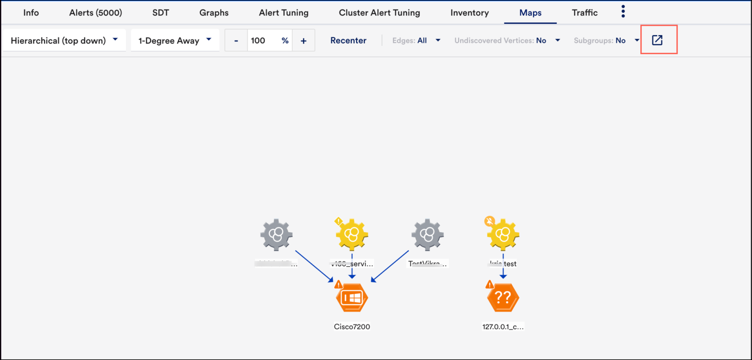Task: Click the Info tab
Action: [x=31, y=13]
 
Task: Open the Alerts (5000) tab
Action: [x=95, y=13]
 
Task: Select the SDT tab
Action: [x=160, y=13]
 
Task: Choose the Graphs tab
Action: [x=214, y=13]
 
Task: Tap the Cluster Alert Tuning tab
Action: [x=379, y=13]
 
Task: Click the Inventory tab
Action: [x=469, y=13]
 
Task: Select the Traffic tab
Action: [x=585, y=13]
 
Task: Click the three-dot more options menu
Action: [x=623, y=12]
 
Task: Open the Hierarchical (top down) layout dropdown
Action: [x=64, y=40]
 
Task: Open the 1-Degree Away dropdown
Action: [x=175, y=40]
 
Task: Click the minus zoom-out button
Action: [x=236, y=41]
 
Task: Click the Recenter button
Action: [x=348, y=40]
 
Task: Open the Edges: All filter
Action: [x=416, y=40]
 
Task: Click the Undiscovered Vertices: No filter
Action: [x=507, y=40]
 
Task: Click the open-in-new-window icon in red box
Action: [x=657, y=40]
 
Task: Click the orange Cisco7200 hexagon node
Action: [x=352, y=298]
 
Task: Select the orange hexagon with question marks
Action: [x=503, y=298]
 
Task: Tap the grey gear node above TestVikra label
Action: [x=427, y=235]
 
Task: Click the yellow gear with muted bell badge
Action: [x=503, y=235]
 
